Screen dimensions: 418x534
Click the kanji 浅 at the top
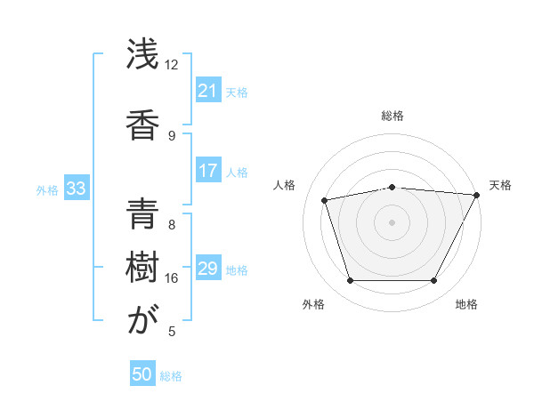click(x=143, y=55)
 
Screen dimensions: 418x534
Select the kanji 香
click(x=143, y=122)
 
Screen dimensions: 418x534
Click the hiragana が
click(x=143, y=320)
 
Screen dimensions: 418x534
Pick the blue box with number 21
click(x=207, y=91)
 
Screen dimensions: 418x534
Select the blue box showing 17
click(x=207, y=171)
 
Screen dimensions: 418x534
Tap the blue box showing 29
click(x=207, y=269)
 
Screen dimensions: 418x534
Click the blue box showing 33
click(x=76, y=189)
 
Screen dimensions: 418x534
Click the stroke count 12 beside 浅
click(x=172, y=65)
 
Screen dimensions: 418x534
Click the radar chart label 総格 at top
click(x=392, y=116)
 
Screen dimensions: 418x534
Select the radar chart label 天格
click(x=500, y=185)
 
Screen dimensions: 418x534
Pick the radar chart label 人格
click(x=285, y=185)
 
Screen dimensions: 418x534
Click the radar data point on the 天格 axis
click(x=477, y=195)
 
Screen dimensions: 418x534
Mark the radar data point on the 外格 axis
click(x=350, y=281)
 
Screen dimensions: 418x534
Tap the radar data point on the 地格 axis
click(x=433, y=281)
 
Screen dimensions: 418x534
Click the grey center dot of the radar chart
click(x=392, y=222)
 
